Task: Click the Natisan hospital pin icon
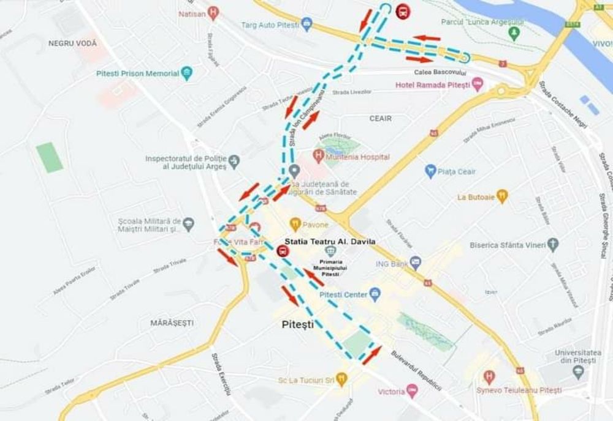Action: click(213, 13)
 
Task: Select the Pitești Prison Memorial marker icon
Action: click(187, 73)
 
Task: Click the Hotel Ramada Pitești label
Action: click(433, 84)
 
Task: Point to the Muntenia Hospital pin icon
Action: click(318, 157)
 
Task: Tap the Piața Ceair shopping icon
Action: click(430, 171)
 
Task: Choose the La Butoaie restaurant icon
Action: click(503, 197)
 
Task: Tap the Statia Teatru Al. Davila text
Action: click(330, 242)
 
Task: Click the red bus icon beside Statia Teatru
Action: click(283, 251)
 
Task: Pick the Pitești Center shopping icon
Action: click(375, 294)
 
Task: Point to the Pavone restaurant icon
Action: click(295, 224)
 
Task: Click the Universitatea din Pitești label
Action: click(575, 357)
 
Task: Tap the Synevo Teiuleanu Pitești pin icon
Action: click(489, 377)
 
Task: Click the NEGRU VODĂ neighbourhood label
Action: click(72, 43)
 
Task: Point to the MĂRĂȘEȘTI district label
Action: click(172, 322)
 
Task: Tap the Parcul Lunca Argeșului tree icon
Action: click(514, 32)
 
